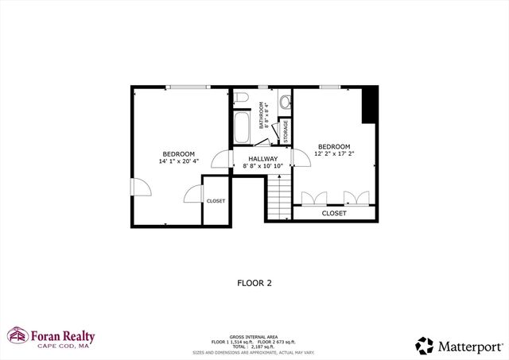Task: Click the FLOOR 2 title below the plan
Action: [x=254, y=282]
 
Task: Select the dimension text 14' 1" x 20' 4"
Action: [x=178, y=161]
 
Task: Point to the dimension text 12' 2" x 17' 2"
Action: [x=334, y=154]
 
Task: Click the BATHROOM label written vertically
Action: [x=262, y=116]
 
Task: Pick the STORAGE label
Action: [x=284, y=131]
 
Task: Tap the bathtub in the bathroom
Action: [x=243, y=126]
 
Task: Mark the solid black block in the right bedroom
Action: [x=368, y=105]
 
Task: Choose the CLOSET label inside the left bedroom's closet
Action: [x=216, y=201]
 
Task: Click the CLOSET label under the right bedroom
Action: [x=334, y=213]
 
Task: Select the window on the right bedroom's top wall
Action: [x=330, y=86]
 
